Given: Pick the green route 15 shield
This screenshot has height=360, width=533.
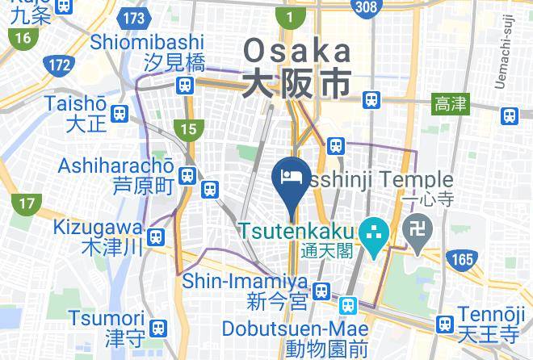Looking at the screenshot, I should [x=188, y=128].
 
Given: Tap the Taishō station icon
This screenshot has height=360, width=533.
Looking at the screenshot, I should [x=120, y=114].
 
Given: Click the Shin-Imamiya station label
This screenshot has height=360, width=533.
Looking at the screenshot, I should [x=246, y=281].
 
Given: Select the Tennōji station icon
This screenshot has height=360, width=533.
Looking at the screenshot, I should [x=443, y=324].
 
